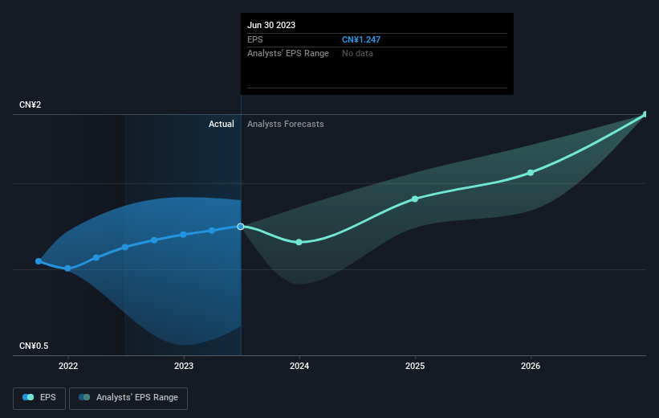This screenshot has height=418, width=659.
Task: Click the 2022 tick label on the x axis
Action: tap(68, 367)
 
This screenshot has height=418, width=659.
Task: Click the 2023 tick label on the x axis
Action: tap(184, 367)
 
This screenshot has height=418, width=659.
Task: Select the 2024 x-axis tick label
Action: tap(299, 367)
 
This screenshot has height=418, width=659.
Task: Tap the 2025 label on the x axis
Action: tap(415, 367)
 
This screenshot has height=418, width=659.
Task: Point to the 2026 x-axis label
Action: tap(531, 367)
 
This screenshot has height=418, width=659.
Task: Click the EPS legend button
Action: tap(39, 397)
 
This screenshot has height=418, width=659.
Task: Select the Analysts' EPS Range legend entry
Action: tap(128, 397)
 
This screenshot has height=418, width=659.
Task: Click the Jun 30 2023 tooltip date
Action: tap(271, 25)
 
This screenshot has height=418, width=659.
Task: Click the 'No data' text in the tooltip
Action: tap(357, 54)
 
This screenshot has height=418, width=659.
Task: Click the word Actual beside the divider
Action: tap(221, 124)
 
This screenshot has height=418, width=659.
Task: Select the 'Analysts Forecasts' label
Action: tap(286, 124)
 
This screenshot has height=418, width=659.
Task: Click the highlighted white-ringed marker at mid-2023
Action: tap(240, 227)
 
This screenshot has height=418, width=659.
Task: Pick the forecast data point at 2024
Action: tap(299, 242)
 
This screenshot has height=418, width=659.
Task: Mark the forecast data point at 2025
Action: tap(415, 199)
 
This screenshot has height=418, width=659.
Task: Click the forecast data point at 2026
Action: tap(531, 173)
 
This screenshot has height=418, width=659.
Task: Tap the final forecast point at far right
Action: tap(645, 114)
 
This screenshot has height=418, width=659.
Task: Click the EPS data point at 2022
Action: tap(68, 268)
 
